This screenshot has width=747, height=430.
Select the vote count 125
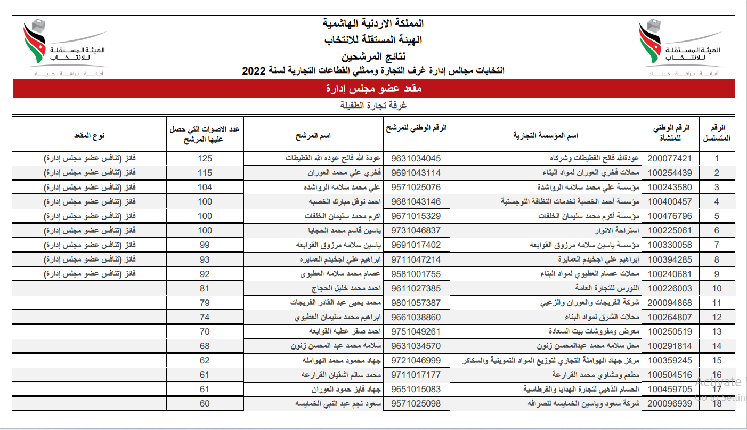(205, 159)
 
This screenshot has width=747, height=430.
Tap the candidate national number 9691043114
(416, 173)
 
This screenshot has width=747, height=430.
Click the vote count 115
(205, 173)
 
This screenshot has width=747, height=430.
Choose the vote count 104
(205, 188)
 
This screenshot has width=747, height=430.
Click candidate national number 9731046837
(416, 231)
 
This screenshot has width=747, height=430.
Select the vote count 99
(205, 245)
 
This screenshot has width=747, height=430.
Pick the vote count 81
(205, 288)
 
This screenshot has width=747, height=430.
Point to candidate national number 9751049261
(416, 331)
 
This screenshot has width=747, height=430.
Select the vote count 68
(205, 346)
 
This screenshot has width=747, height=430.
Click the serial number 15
(717, 361)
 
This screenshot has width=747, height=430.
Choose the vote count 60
(205, 404)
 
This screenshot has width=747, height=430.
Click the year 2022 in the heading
(254, 70)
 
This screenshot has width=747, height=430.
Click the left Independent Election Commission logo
(63, 48)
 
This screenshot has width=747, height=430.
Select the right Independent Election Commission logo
(680, 48)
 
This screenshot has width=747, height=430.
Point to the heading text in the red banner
(373, 88)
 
